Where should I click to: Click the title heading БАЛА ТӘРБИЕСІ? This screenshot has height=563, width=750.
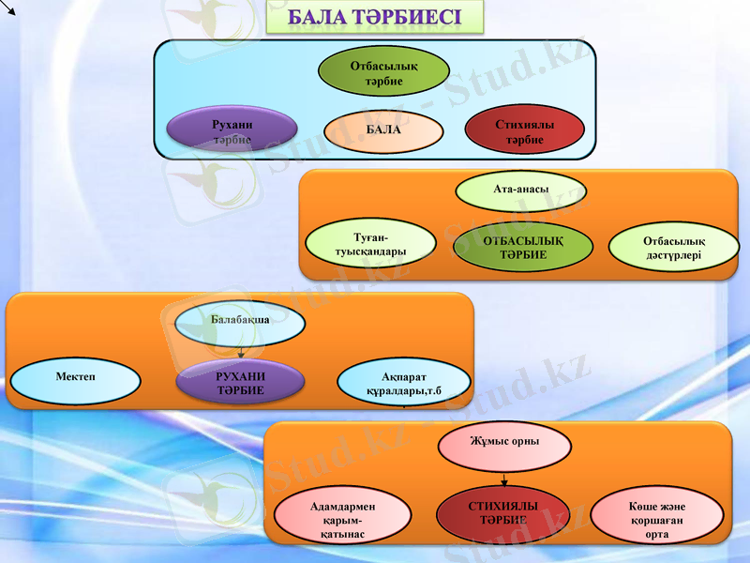[x=374, y=18]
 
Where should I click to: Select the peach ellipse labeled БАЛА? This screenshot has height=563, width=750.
[x=383, y=130]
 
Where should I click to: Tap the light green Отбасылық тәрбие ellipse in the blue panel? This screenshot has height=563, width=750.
[x=383, y=72]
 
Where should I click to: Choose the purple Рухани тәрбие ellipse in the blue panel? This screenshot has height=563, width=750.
[x=232, y=130]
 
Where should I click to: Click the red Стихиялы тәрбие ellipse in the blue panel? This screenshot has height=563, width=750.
[x=525, y=130]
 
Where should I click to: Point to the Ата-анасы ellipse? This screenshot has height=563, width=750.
[x=520, y=190]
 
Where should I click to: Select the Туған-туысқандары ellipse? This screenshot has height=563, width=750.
[x=371, y=244]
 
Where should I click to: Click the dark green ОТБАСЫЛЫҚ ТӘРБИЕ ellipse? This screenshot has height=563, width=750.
[x=523, y=248]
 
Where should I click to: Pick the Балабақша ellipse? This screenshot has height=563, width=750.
[x=240, y=323]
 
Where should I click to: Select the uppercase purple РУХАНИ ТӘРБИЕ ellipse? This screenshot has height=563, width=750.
[x=240, y=383]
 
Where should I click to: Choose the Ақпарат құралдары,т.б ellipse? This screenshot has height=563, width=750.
[x=403, y=381]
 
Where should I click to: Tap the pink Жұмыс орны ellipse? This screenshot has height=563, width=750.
[x=504, y=444]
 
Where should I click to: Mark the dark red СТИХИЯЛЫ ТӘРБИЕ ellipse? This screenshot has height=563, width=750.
[x=504, y=513]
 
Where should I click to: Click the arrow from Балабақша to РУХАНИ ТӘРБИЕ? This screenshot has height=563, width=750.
[x=240, y=353]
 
